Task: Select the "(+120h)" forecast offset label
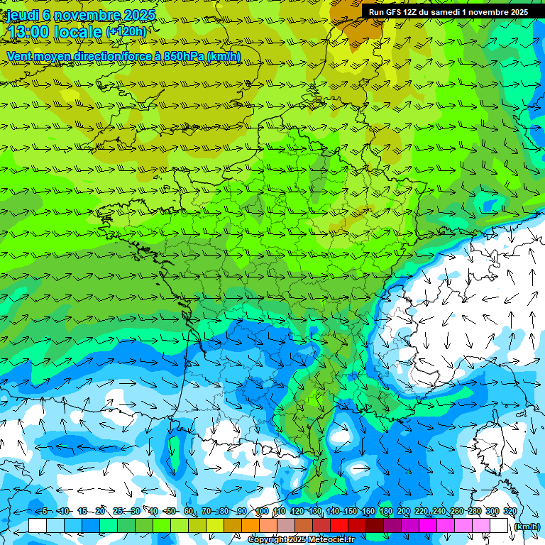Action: pos(126,32)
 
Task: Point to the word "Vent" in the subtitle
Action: pos(21,56)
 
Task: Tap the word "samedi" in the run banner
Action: pos(446,12)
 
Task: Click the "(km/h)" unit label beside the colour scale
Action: pos(526,527)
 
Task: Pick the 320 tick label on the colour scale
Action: pos(510,511)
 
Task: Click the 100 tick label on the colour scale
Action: pos(261,511)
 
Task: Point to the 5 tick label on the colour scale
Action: pos(45,511)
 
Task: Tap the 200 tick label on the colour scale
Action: pos(403,511)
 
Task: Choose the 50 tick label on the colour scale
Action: pos(171,511)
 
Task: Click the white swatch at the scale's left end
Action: pos(37,526)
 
